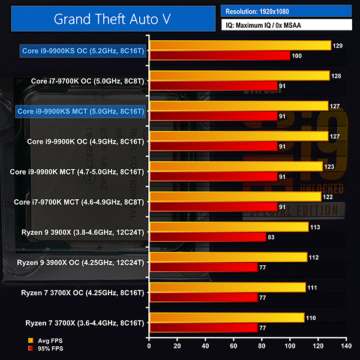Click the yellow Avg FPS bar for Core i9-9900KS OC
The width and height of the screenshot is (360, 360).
click(x=240, y=46)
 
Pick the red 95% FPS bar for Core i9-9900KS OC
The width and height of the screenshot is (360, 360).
click(x=220, y=56)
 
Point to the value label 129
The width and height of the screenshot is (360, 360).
click(x=338, y=46)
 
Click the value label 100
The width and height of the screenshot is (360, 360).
click(x=296, y=56)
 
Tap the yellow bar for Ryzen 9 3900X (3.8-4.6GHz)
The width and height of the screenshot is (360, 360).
click(x=229, y=227)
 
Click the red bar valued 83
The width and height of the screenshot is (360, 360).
click(x=208, y=237)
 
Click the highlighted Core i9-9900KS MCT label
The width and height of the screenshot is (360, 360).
click(x=81, y=111)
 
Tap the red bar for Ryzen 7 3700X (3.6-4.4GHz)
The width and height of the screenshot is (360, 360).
click(x=203, y=328)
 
